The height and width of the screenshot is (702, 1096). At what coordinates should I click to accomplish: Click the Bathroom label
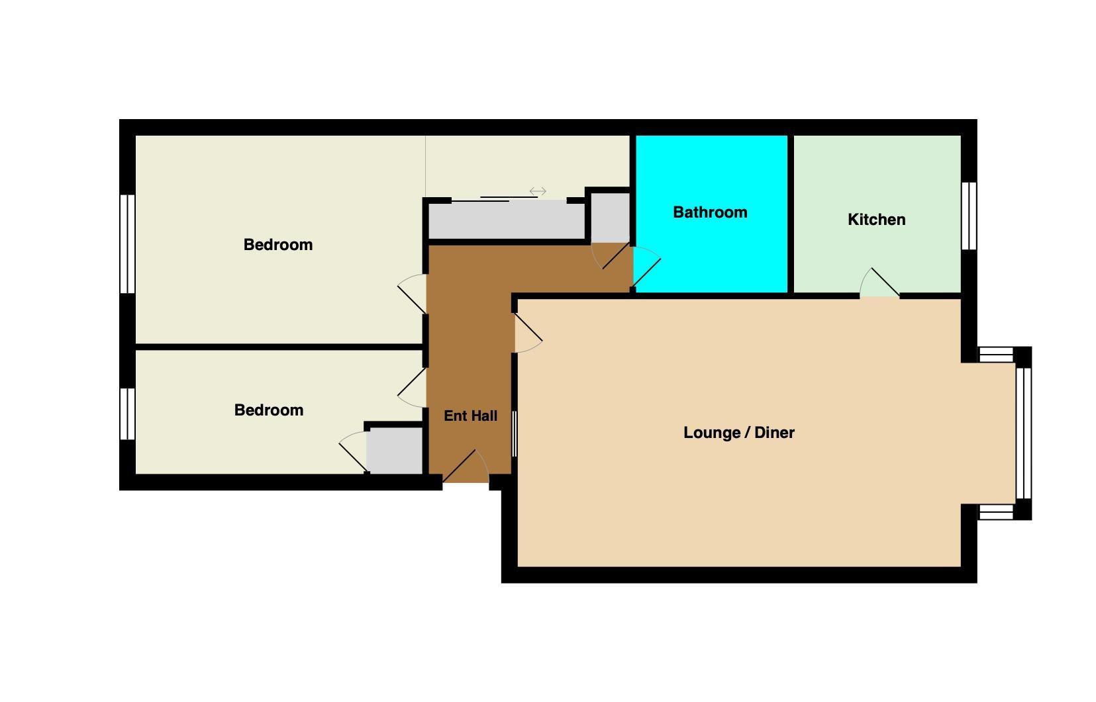710,212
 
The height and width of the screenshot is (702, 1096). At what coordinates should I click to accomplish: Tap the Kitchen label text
876,220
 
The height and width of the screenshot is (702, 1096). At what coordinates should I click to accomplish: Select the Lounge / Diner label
739,433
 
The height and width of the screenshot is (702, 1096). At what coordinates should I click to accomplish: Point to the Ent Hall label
470,416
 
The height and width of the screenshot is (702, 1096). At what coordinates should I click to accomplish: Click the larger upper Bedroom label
278,244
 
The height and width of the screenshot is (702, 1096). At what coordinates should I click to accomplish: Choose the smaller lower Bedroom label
269,410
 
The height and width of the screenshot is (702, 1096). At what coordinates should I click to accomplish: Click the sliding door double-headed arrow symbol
538,191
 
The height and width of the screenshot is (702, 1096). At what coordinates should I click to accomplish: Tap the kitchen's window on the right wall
969,216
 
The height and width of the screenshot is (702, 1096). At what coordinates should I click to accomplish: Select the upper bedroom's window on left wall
128,244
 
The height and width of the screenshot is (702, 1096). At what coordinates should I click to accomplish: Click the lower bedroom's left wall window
128,414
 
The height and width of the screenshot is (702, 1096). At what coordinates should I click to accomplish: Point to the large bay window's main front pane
1024,433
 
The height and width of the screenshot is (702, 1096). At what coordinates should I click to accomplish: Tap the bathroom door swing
647,267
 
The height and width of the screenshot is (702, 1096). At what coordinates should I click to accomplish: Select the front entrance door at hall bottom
466,467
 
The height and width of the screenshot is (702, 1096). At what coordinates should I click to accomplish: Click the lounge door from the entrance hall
528,333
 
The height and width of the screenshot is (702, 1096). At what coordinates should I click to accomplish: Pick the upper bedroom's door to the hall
412,294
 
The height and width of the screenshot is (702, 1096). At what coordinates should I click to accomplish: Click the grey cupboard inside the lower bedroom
395,451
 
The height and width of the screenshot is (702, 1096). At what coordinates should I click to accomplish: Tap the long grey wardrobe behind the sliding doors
507,220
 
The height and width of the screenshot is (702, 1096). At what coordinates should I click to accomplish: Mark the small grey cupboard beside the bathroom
610,218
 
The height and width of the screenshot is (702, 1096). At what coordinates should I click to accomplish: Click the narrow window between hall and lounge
515,434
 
